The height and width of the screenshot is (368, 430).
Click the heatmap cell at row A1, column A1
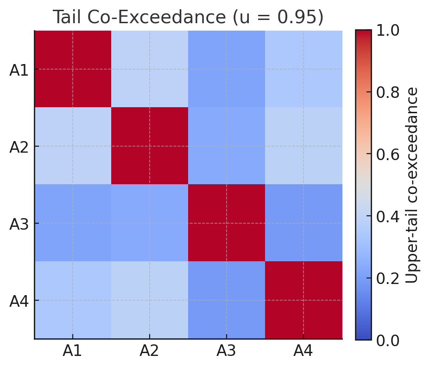point(73,69)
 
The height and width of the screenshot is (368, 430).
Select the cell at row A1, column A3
point(227,69)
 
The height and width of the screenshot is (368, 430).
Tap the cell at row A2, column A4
point(304,146)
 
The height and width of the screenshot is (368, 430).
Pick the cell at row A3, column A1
point(73,223)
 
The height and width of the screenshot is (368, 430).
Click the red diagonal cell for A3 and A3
point(227,223)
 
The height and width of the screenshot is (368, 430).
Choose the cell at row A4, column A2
point(150,300)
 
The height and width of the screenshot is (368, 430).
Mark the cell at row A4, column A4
point(304,300)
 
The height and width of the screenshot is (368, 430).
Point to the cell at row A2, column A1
point(73,146)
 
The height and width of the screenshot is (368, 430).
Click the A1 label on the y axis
point(19,71)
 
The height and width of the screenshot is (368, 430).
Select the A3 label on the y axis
point(19,225)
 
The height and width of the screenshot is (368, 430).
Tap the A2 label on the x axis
point(149,351)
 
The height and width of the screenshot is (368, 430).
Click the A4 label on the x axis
point(303,351)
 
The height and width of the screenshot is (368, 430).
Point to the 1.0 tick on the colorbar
point(388,31)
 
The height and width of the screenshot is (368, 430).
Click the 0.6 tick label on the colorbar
point(388,155)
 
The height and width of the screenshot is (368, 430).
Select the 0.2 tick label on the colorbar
point(388,278)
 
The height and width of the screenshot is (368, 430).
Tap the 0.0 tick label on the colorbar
point(388,340)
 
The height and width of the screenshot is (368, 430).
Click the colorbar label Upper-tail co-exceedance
point(412,185)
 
